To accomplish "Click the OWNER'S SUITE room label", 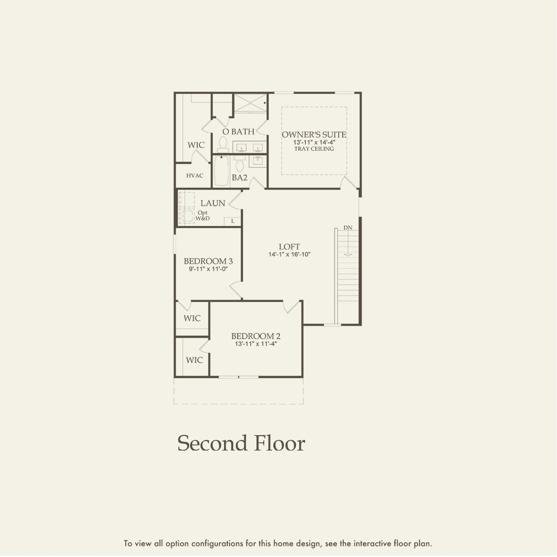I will [x=314, y=134].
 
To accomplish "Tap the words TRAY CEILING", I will [x=314, y=149].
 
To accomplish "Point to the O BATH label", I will [x=239, y=132].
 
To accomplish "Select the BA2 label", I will [x=239, y=177].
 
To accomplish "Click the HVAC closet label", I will [x=195, y=176].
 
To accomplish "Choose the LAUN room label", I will [x=212, y=203].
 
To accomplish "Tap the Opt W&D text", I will [x=203, y=216].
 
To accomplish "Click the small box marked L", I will [x=233, y=221].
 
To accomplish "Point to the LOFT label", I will [x=289, y=247].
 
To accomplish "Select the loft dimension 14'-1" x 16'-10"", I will [x=289, y=254].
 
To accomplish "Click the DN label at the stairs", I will [x=348, y=228].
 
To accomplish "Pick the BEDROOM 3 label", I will [x=208, y=261].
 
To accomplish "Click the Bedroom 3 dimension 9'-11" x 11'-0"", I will [x=208, y=269].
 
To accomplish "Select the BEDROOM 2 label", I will [x=256, y=336].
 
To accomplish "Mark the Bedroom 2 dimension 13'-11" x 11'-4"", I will [x=256, y=344].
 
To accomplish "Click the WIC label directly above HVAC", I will [x=196, y=145].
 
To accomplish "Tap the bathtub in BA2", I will [x=221, y=170].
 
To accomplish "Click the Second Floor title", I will [x=241, y=443].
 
